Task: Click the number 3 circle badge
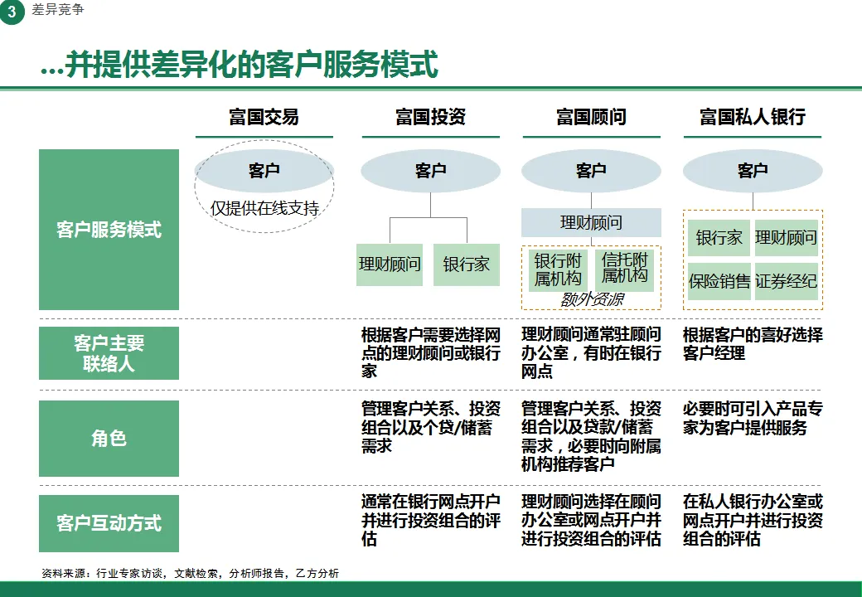(12, 12)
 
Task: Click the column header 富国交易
(264, 117)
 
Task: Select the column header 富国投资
(430, 117)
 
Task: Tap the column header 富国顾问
(591, 117)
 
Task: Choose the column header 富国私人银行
(752, 117)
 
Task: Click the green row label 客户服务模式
(109, 230)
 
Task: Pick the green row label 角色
(109, 439)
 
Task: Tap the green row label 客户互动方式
(109, 523)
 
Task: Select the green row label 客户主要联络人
(109, 353)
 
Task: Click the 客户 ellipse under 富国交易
(264, 171)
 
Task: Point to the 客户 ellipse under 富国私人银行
(753, 171)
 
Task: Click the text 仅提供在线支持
(264, 208)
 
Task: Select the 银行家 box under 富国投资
(466, 265)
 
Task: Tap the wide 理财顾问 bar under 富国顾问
(591, 222)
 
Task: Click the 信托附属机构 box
(625, 269)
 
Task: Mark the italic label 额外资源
(591, 299)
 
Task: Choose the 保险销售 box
(719, 281)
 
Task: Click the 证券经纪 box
(786, 281)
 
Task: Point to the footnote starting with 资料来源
(190, 573)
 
